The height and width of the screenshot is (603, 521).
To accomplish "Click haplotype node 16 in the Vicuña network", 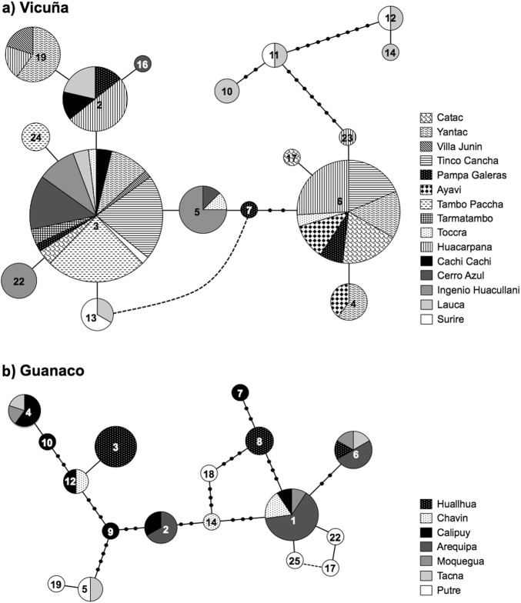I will click(x=142, y=66).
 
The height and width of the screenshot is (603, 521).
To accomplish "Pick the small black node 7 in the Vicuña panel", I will click(x=249, y=209).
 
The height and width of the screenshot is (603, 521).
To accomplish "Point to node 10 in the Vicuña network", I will click(x=229, y=92).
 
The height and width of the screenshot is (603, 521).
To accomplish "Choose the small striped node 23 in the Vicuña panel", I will click(x=348, y=138).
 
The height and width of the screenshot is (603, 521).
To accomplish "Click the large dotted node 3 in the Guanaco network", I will click(x=115, y=446).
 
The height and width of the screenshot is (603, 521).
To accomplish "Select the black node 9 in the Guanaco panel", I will click(x=110, y=531).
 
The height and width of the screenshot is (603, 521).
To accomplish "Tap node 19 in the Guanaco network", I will click(x=57, y=585).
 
